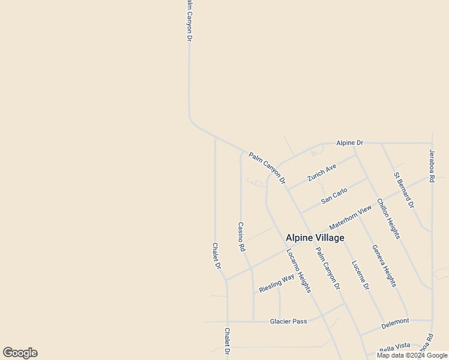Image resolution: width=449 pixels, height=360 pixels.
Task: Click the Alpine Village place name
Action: (x=315, y=238)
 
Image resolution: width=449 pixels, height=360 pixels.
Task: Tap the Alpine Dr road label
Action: (x=350, y=143)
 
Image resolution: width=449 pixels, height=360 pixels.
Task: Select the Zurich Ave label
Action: (x=322, y=172)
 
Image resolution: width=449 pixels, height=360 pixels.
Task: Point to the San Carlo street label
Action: (x=334, y=196)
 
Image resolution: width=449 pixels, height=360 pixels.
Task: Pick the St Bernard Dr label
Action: (x=404, y=190)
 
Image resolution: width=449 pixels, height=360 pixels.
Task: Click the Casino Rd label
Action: (x=241, y=236)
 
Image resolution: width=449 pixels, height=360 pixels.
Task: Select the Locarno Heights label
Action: (x=298, y=271)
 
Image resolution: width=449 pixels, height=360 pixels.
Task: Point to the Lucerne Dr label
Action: (x=360, y=275)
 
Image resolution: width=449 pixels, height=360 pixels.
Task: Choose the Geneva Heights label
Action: (x=384, y=266)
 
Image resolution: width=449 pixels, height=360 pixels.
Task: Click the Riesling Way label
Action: (x=277, y=283)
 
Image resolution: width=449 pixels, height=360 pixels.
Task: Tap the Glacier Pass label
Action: (x=288, y=321)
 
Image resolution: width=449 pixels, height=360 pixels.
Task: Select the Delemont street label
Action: (x=395, y=322)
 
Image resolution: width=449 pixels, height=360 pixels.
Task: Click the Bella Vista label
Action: (x=394, y=346)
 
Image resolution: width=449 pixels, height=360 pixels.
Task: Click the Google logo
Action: (x=20, y=353)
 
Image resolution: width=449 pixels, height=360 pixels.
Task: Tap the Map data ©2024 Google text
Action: (x=412, y=355)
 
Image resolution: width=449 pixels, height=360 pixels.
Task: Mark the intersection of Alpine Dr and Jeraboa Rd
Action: (x=432, y=143)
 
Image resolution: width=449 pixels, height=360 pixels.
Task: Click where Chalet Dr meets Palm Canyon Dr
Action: (x=215, y=137)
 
